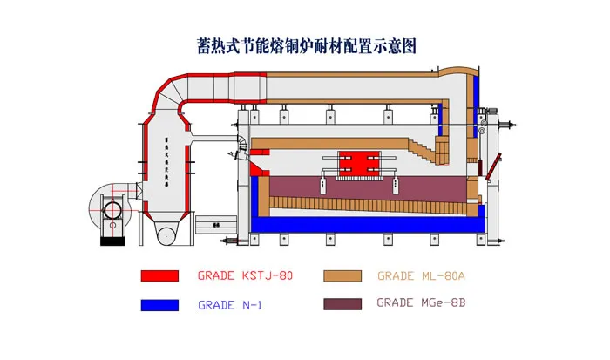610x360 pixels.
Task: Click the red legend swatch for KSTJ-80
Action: [159, 276]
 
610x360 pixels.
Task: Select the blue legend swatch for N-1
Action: [159, 305]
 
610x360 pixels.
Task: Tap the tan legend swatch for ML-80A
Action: [342, 276]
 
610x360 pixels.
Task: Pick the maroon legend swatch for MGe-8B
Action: [342, 305]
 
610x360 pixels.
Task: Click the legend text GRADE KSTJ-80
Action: [245, 276]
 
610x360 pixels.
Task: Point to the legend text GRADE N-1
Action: [231, 305]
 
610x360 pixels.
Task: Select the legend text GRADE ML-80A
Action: [422, 276]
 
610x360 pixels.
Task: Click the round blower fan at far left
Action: [112, 207]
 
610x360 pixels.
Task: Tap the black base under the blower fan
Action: [112, 241]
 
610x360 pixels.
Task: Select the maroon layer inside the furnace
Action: [366, 187]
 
